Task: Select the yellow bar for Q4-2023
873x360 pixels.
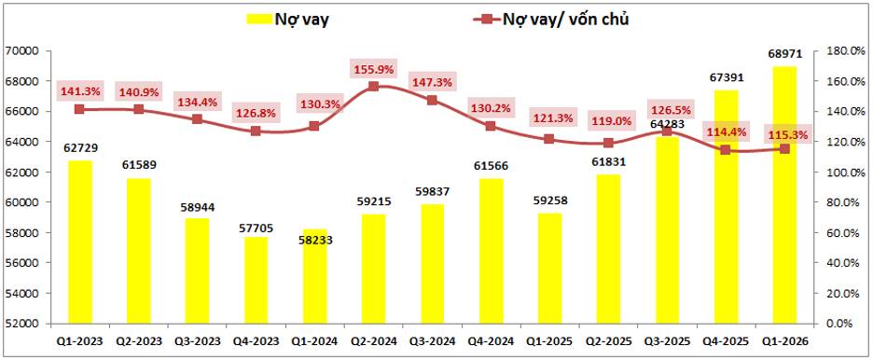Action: tap(256, 280)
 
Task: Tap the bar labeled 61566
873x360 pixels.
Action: tap(491, 251)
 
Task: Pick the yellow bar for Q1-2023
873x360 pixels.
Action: tap(79, 242)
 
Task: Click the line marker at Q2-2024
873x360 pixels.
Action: tap(374, 86)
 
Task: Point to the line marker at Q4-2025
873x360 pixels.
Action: tap(725, 149)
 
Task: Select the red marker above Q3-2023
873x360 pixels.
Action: tap(197, 119)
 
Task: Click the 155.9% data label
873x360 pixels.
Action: tap(374, 70)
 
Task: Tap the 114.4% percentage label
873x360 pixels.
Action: tap(726, 132)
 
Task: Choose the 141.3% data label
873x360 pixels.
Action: tap(79, 91)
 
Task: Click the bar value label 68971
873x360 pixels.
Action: tap(783, 55)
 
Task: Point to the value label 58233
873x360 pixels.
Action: tap(314, 242)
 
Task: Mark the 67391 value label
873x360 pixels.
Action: tap(725, 77)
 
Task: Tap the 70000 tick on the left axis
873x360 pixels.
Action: tap(21, 51)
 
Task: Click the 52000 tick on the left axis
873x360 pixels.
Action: tap(21, 324)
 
